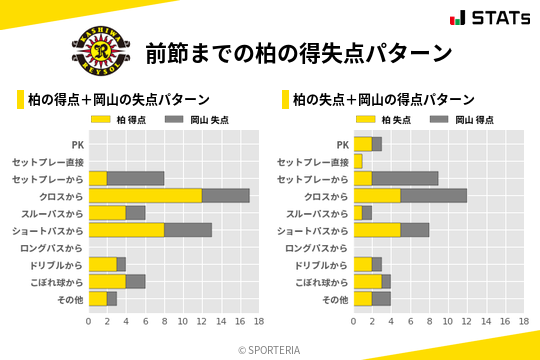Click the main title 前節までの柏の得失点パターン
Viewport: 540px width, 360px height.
point(297,52)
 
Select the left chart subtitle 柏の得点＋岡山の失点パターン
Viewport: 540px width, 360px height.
point(118,100)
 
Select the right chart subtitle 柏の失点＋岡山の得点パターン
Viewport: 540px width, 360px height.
point(383,100)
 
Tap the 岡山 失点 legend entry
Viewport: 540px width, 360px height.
point(196,120)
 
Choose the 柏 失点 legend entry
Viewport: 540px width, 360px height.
point(386,120)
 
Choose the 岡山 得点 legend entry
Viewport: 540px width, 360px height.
point(462,120)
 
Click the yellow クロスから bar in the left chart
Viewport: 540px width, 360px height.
point(145,195)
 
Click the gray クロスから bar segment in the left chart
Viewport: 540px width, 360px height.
point(225,195)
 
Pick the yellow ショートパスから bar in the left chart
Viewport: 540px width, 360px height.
point(126,230)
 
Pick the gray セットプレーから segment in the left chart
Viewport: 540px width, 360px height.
point(135,178)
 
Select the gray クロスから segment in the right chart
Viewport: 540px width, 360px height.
point(433,195)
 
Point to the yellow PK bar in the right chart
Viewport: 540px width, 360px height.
point(362,144)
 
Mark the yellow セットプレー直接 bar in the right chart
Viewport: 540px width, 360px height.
point(357,161)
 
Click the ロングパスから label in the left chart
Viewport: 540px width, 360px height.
point(56,248)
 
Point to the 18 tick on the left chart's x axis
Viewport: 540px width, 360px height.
point(258,322)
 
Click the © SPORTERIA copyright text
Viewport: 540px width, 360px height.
point(270,349)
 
